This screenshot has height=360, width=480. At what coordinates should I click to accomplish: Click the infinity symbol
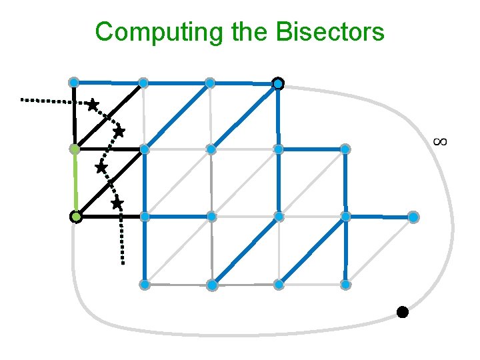pyautogui.click(x=439, y=141)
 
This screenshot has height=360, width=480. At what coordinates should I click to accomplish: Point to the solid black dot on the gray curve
pyautogui.click(x=402, y=311)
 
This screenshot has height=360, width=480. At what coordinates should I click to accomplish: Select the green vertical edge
pyautogui.click(x=75, y=183)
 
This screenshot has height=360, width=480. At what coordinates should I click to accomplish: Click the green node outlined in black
pyautogui.click(x=76, y=217)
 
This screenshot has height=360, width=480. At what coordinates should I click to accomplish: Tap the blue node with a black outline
pyautogui.click(x=278, y=83)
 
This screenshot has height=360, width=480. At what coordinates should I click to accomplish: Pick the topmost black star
pyautogui.click(x=92, y=105)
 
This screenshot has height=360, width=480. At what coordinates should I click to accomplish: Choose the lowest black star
pyautogui.click(x=117, y=203)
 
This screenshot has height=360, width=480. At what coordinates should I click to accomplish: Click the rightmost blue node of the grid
pyautogui.click(x=413, y=217)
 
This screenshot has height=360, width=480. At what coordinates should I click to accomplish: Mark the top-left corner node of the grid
pyautogui.click(x=74, y=82)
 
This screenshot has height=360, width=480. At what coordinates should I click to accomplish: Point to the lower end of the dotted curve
pyautogui.click(x=123, y=263)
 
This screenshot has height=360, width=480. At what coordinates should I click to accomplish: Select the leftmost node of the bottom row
pyautogui.click(x=144, y=285)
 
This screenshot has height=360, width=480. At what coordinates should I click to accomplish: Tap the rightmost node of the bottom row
pyautogui.click(x=345, y=285)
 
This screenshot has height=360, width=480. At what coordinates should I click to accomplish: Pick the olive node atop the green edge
pyautogui.click(x=75, y=149)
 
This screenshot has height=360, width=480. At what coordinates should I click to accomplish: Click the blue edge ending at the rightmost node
pyautogui.click(x=380, y=217)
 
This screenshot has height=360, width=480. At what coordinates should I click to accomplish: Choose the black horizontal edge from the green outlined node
pyautogui.click(x=110, y=217)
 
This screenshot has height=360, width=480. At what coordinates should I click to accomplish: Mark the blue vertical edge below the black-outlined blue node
pyautogui.click(x=278, y=117)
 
